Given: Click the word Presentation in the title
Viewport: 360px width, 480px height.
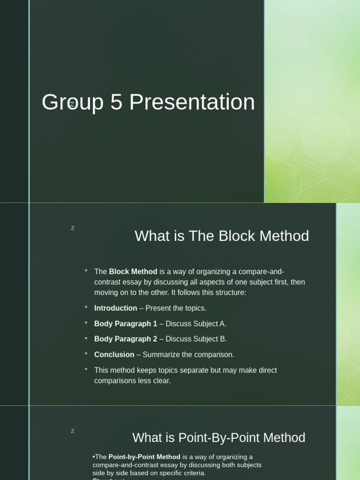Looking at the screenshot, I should point(192,102).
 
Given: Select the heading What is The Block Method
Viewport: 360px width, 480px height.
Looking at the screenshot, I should point(222,236).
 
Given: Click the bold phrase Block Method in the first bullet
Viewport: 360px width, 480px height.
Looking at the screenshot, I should point(133,271).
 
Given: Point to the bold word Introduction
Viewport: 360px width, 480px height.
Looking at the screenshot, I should point(116,308).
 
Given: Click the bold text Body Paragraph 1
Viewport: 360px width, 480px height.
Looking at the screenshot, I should point(126,323).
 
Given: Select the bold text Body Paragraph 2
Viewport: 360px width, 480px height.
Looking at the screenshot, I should point(126,339).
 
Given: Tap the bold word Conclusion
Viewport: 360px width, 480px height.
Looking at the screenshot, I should point(114,354).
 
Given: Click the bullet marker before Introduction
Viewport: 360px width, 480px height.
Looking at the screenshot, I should point(86,307).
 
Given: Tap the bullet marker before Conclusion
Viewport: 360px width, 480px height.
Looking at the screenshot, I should point(86,353).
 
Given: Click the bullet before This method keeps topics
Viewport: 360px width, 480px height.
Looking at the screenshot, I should point(86,368).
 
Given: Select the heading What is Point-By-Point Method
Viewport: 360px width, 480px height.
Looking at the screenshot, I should point(219,438).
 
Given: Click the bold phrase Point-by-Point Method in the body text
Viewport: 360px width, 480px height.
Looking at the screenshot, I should point(144,457).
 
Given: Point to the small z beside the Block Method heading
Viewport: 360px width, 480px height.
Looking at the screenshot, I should point(73,228).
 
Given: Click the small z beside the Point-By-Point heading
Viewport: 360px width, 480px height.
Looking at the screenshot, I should point(73,431).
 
